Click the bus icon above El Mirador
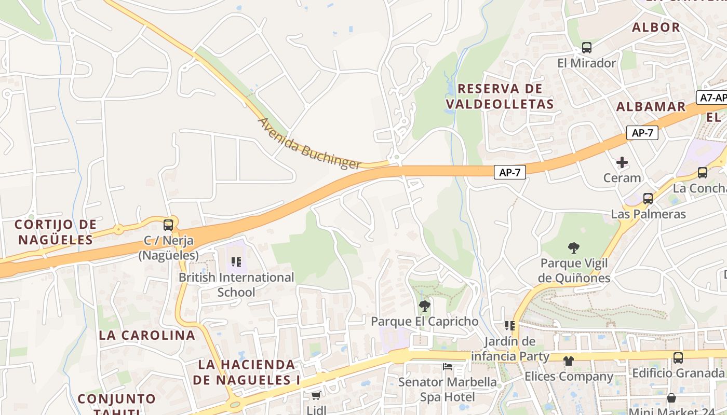(x=586, y=48)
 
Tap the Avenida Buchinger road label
(x=309, y=144)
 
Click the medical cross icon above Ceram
(x=622, y=162)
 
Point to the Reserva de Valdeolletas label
(x=500, y=96)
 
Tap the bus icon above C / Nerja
(x=168, y=225)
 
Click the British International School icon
(x=236, y=262)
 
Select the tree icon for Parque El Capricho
(x=424, y=306)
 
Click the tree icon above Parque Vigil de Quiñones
(x=574, y=247)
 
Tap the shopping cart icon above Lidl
(x=316, y=396)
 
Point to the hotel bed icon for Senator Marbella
(x=448, y=367)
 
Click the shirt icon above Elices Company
(x=569, y=361)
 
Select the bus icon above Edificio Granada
(x=678, y=357)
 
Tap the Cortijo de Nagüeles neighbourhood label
(x=56, y=232)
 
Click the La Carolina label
(x=147, y=335)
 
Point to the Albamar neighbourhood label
(x=651, y=107)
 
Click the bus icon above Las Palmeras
(x=648, y=198)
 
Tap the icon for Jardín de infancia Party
(x=510, y=326)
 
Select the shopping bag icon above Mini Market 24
(x=671, y=398)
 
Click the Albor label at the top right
(x=655, y=27)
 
